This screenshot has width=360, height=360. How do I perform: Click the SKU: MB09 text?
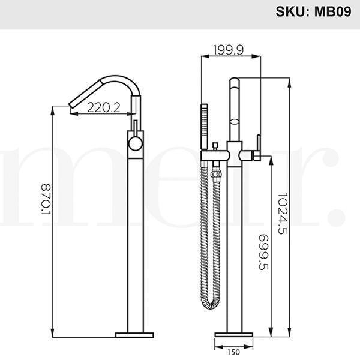pyautogui.click(x=313, y=11)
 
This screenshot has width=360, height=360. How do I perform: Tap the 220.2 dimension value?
pyautogui.click(x=104, y=107)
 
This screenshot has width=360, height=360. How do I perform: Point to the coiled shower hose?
pyautogui.click(x=212, y=252)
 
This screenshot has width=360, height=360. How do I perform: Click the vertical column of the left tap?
pyautogui.click(x=136, y=240)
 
